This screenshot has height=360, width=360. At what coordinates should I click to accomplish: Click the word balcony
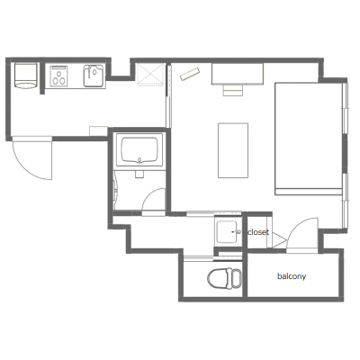pyautogui.click(x=292, y=276)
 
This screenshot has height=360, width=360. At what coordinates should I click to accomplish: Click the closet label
pyautogui.click(x=258, y=232)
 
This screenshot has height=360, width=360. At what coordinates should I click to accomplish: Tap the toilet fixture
pyautogui.click(x=224, y=279)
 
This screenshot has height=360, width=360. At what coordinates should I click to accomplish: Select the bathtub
pyautogui.click(x=139, y=150)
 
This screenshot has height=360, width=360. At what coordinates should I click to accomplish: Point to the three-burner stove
pyautogui.click(x=59, y=76)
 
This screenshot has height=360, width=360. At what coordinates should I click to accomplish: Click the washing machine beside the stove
pyautogui.click(x=26, y=76)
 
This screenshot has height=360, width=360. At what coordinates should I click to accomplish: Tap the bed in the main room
pyautogui.click(x=309, y=139)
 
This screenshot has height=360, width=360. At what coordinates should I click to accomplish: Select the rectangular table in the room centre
pyautogui.click(x=233, y=150)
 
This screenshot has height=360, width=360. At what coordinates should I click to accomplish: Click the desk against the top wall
pyautogui.click(x=238, y=74)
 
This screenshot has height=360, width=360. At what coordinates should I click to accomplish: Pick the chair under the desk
pyautogui.click(x=233, y=90)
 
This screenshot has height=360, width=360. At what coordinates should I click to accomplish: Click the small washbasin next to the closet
pyautogui.click(x=228, y=231)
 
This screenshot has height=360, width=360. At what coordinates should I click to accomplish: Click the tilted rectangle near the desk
pyautogui.click(x=190, y=74)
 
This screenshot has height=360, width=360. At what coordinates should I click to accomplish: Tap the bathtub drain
pyautogui.click(x=139, y=160)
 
